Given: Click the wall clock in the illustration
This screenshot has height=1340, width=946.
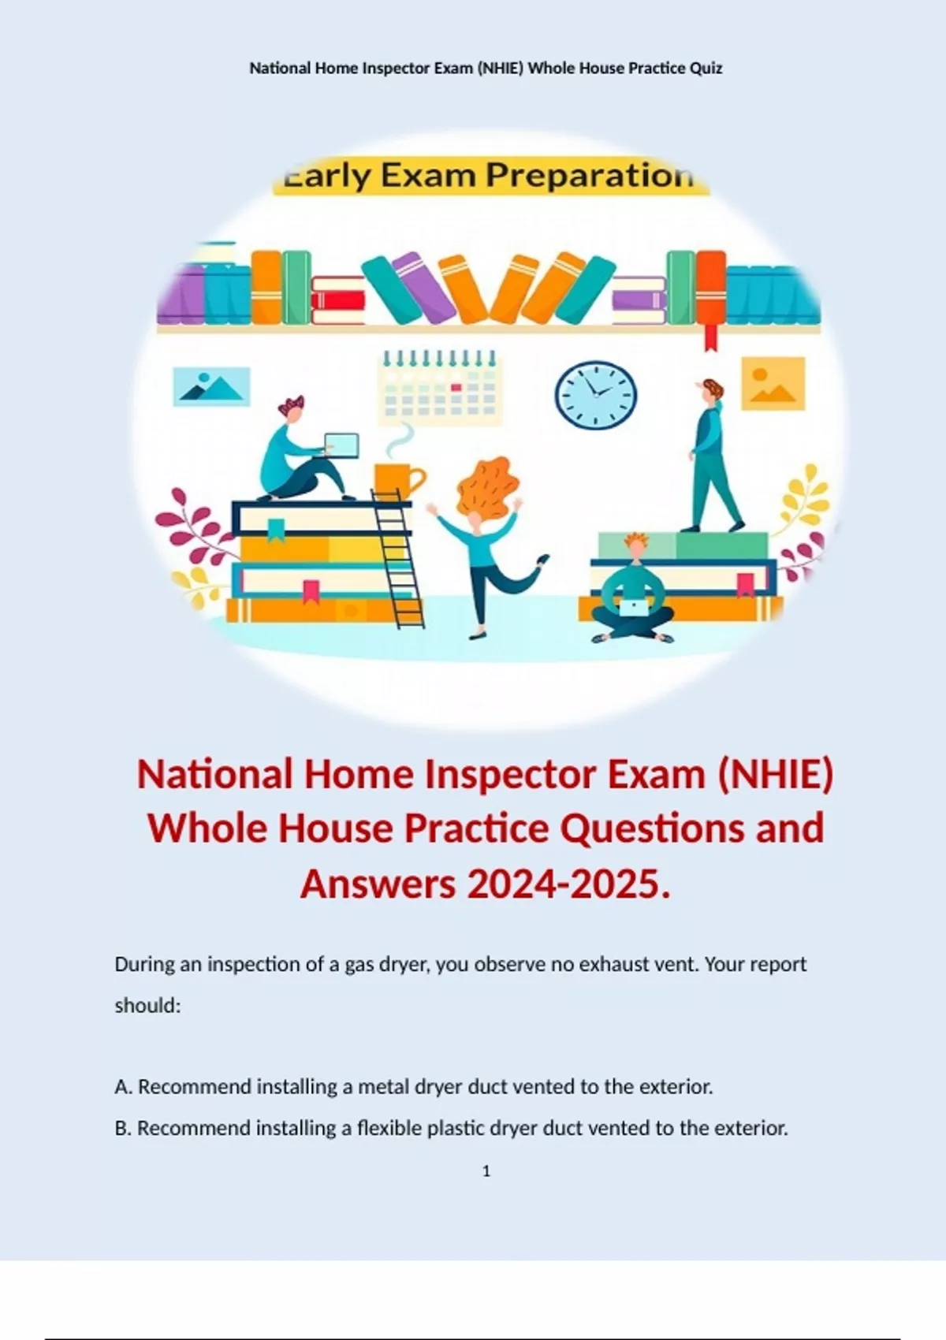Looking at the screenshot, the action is coord(595,394).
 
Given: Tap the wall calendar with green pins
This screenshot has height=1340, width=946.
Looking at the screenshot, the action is coord(440,388).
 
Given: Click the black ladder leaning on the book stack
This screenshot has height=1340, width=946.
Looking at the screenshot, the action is coord(397,559).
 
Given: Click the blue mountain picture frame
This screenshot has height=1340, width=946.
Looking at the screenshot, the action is coord(211,386).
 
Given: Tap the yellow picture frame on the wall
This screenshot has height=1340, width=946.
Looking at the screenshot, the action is coord(773,383).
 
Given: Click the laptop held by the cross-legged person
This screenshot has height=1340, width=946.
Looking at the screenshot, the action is coord(632,608).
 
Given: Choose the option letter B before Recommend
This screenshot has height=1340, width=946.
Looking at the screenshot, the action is coord(123,1128).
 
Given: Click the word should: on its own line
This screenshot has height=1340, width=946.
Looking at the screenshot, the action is coord(147,1006).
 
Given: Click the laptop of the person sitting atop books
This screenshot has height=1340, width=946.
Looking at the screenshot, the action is coord(341,445).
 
